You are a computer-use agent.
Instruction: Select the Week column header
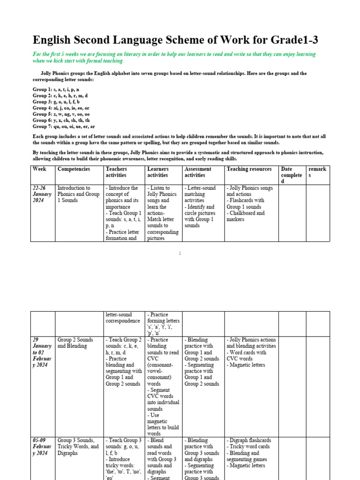pyautogui.click(x=39, y=169)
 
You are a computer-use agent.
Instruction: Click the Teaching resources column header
pyautogui.click(x=249, y=169)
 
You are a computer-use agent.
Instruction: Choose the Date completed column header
pyautogui.click(x=291, y=175)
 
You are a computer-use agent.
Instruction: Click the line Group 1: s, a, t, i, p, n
pyautogui.click(x=56, y=90)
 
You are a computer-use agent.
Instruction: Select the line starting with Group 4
pyautogui.click(x=61, y=108)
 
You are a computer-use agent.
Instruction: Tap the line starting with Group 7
pyautogui.click(x=64, y=127)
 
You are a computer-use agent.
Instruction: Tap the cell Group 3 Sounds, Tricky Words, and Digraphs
pyautogui.click(x=78, y=447)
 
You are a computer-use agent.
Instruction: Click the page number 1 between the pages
pyautogui.click(x=180, y=254)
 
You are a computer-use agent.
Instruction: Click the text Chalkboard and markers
pyautogui.click(x=246, y=216)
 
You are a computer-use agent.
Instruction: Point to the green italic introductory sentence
pyautogui.click(x=174, y=58)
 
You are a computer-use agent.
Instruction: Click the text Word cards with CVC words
pyautogui.click(x=247, y=355)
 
